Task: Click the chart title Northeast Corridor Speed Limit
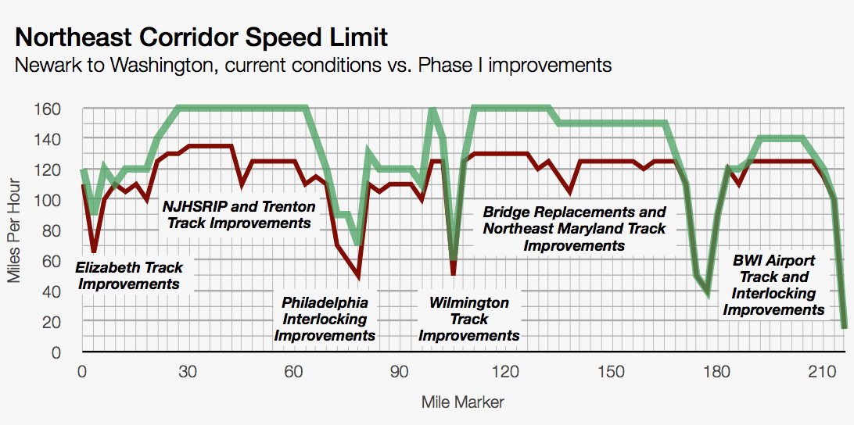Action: pos(201,37)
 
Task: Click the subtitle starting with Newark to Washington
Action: pos(313,66)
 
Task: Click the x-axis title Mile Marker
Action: pos(463,403)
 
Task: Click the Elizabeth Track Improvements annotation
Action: pos(129,275)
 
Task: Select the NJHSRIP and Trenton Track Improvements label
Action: pos(239,215)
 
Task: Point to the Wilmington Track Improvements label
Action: pos(469,319)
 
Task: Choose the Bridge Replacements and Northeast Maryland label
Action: pos(575,228)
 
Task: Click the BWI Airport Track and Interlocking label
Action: pos(773,285)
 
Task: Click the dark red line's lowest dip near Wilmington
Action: pos(453,274)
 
